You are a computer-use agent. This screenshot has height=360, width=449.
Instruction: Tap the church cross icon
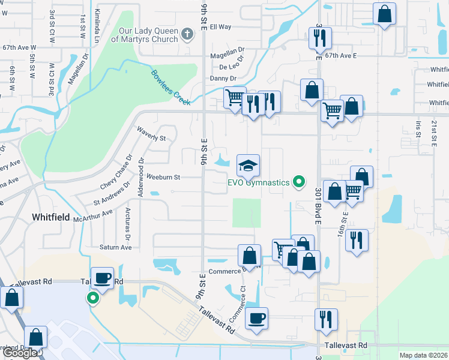point(187,34)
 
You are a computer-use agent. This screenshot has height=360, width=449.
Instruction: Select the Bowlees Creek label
point(170,88)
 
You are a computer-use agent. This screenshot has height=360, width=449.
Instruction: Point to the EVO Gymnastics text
point(258,182)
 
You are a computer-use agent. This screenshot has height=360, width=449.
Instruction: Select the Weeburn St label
point(163,177)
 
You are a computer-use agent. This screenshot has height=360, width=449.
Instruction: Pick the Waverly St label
point(151,133)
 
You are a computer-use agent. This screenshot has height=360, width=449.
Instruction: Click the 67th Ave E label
point(341,55)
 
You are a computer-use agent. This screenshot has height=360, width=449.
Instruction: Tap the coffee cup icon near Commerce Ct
point(256,319)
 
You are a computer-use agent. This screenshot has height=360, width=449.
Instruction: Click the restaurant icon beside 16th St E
point(356,240)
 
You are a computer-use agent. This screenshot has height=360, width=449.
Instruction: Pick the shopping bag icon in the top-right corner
point(384,14)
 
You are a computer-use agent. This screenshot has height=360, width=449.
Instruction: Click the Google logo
point(20,353)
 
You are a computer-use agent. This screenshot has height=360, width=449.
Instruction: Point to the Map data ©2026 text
point(423,355)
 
